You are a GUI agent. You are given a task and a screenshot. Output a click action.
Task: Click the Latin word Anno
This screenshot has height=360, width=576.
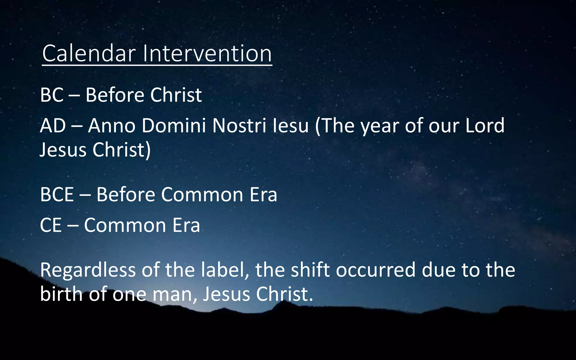(x=112, y=125)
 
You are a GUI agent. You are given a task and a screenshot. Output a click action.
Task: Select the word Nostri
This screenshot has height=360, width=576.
(x=239, y=125)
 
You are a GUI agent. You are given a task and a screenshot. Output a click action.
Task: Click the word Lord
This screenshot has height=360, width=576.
(x=485, y=125)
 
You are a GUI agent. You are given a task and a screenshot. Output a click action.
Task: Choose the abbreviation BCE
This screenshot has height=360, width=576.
(x=57, y=194)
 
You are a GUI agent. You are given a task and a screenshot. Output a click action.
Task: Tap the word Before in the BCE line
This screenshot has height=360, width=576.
(x=126, y=194)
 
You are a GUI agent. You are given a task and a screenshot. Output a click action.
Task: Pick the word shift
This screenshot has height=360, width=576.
(x=310, y=270)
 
